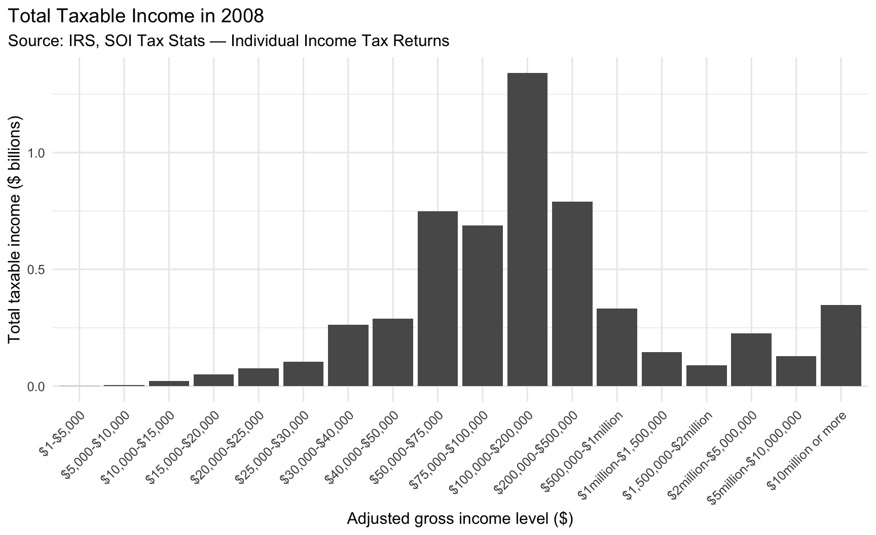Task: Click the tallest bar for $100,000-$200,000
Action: click(527, 230)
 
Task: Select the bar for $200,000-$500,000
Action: click(572, 294)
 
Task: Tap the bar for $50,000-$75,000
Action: click(437, 298)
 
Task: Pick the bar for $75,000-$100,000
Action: click(483, 305)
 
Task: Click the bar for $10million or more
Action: click(841, 346)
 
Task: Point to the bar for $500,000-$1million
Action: click(617, 347)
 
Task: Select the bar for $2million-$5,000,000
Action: click(751, 360)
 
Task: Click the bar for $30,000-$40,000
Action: click(348, 355)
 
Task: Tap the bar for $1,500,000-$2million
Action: click(707, 375)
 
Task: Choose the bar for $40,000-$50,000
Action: click(393, 352)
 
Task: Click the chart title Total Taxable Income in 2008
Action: click(136, 16)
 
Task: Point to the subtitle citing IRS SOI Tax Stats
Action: click(229, 41)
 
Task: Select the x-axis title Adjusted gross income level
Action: click(460, 520)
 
